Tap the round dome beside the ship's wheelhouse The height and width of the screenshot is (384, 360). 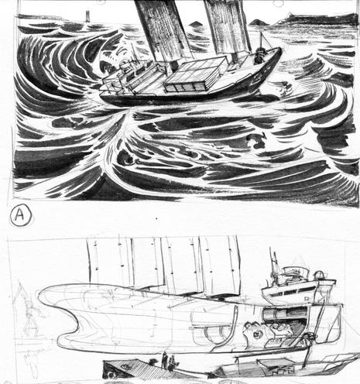[x=319, y=276]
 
